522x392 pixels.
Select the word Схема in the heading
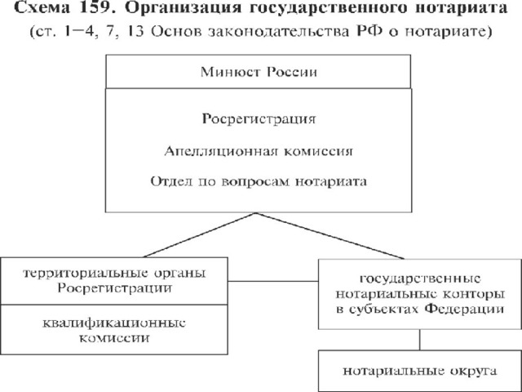pyautogui.click(x=42, y=7)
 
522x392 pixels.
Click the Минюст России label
pyautogui.click(x=259, y=72)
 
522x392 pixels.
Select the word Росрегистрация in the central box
pyautogui.click(x=259, y=119)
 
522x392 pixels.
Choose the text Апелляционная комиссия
pyautogui.click(x=259, y=151)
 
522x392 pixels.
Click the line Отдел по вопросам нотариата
pyautogui.click(x=259, y=181)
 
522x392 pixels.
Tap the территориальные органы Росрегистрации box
pyautogui.click(x=114, y=281)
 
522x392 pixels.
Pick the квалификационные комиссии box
pyautogui.click(x=114, y=330)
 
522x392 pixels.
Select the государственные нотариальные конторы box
pyautogui.click(x=420, y=294)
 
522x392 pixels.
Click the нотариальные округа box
pyautogui.click(x=420, y=371)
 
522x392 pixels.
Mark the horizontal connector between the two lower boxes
pyautogui.click(x=273, y=281)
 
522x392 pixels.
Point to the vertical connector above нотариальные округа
pyautogui.click(x=419, y=340)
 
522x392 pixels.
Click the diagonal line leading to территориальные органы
pyautogui.click(x=199, y=235)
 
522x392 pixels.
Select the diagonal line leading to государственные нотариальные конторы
pyautogui.click(x=330, y=236)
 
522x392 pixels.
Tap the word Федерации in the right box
pyautogui.click(x=464, y=309)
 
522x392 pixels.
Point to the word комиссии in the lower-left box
pyautogui.click(x=114, y=337)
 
